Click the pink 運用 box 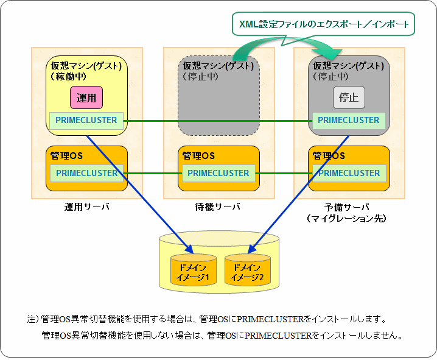[x=86, y=97]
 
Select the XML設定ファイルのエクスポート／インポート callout [x=323, y=24]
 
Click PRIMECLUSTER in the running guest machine [x=86, y=120]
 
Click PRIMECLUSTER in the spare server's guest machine [x=348, y=120]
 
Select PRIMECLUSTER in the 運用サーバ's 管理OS [x=86, y=173]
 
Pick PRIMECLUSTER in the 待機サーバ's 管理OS [x=218, y=173]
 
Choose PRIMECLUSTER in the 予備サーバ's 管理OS [x=348, y=173]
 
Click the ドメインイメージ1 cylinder [x=193, y=269]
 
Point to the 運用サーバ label [x=86, y=206]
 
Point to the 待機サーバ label [x=218, y=206]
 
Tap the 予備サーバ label [x=348, y=206]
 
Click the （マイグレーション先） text [x=348, y=217]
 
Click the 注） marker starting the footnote [x=33, y=319]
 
